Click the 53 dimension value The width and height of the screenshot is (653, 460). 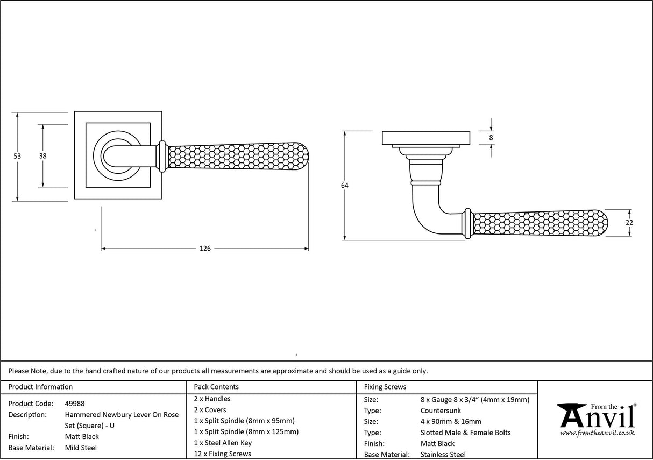[17, 156]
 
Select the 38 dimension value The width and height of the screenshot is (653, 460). [42, 156]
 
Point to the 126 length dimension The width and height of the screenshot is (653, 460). [205, 249]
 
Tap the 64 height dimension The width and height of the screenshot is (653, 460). [344, 186]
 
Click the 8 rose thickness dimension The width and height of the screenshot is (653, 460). [491, 138]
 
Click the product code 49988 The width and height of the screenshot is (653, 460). [75, 404]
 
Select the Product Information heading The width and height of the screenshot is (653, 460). [41, 387]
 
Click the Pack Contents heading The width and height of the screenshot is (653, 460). [216, 387]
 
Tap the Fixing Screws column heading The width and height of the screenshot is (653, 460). [385, 387]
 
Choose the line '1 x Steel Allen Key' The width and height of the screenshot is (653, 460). [223, 443]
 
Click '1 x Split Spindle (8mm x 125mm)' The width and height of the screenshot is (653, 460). [246, 431]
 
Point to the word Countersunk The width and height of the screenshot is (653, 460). [441, 411]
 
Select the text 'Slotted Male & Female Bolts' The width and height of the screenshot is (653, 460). [465, 433]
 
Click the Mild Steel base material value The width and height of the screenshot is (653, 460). [82, 448]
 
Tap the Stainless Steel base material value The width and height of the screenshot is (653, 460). [443, 455]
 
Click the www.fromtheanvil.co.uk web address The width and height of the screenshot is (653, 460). [597, 433]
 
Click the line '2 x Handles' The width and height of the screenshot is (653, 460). [212, 399]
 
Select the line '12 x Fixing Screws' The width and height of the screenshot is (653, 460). [222, 454]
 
